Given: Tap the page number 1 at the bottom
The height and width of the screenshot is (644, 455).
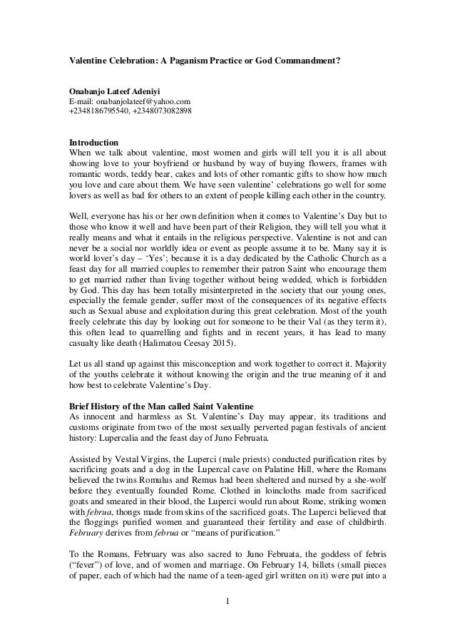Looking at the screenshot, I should [227, 607].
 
